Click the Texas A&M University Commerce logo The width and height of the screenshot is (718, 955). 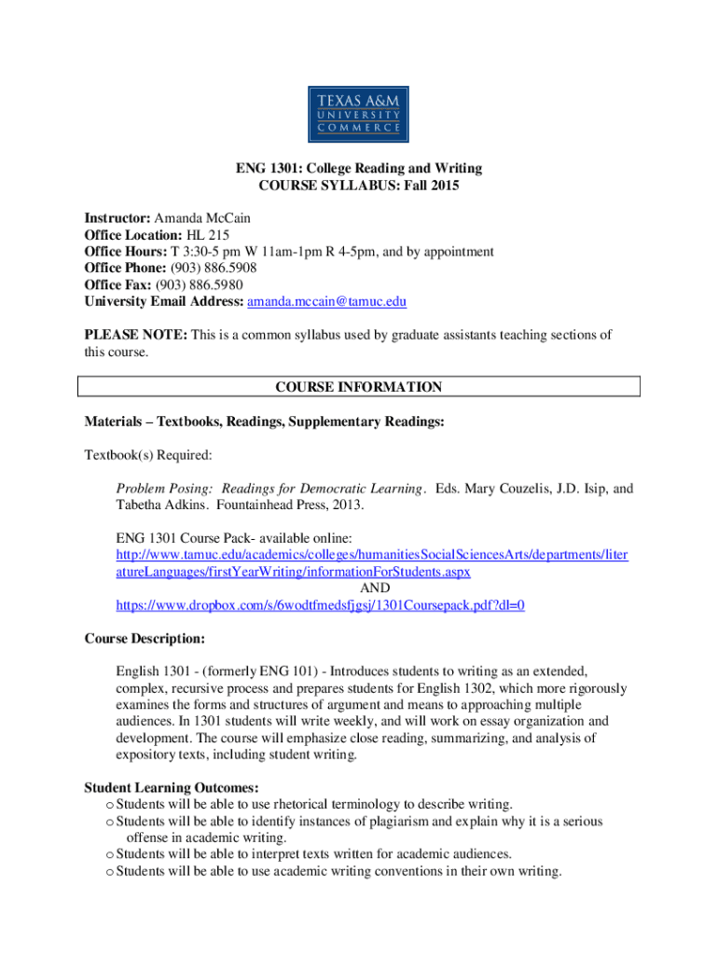[359, 111]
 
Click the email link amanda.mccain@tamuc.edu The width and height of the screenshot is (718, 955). [326, 302]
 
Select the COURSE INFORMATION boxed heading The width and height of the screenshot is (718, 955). [359, 387]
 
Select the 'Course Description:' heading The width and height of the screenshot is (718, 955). [145, 639]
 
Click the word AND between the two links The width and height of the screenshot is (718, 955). [374, 588]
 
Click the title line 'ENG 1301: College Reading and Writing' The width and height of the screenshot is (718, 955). [359, 169]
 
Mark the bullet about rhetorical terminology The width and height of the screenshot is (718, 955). [314, 804]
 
